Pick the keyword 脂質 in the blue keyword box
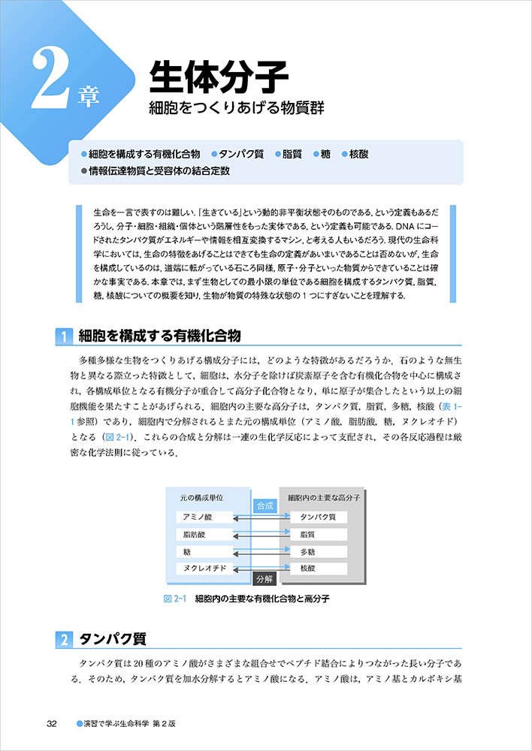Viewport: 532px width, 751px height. click(x=292, y=154)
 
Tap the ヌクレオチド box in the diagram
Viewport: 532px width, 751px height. click(x=203, y=569)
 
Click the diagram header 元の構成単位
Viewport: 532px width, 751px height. click(x=201, y=497)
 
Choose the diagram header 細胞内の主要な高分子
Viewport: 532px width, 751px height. click(x=325, y=497)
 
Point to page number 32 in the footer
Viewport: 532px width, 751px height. click(x=51, y=724)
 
